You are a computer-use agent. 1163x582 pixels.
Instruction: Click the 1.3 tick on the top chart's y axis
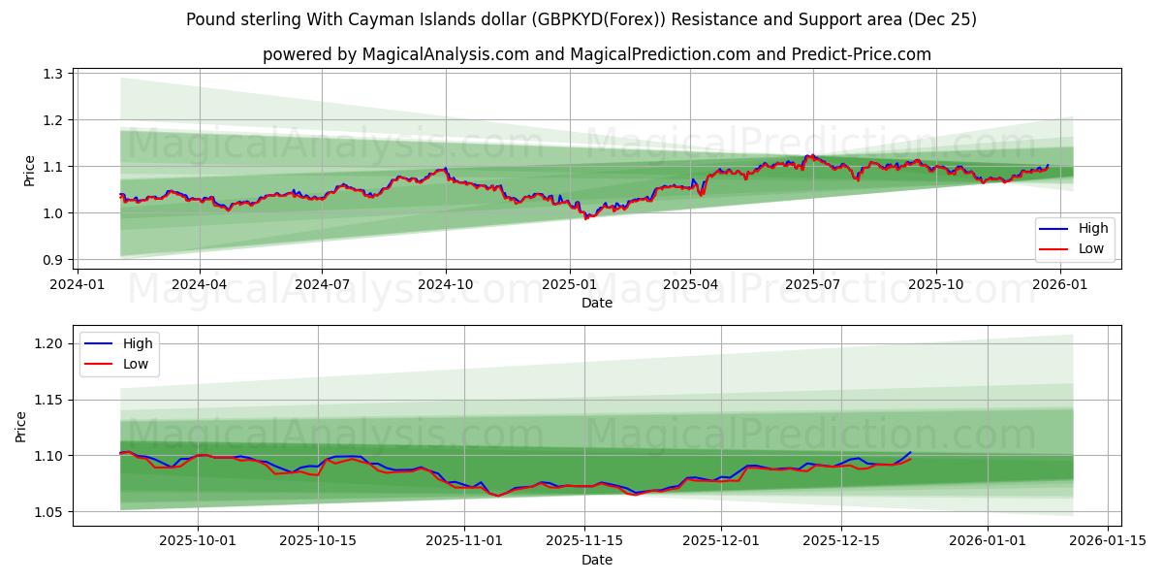coord(53,74)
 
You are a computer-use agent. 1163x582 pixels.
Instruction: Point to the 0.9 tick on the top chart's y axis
coord(53,260)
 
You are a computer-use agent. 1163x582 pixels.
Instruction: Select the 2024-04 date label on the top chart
coord(200,285)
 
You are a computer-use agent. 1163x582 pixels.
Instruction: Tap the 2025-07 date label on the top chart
coord(812,285)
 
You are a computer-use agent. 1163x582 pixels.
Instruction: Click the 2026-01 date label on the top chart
coord(1060,285)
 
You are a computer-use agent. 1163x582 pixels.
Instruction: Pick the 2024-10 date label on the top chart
coord(446,285)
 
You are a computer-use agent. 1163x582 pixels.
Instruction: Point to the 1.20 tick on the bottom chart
coord(49,343)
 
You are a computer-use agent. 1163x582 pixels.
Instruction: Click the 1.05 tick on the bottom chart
coord(49,512)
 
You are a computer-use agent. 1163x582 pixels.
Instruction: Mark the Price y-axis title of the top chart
coord(29,171)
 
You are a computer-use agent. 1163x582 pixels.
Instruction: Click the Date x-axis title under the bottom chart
coord(597,560)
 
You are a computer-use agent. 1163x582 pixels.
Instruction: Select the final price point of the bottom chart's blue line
coord(910,453)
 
